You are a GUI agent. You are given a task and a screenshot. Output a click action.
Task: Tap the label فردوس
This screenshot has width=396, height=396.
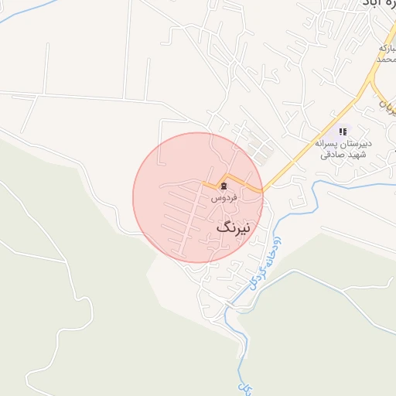click(x=224, y=198)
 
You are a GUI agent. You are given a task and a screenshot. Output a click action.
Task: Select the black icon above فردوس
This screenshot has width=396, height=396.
click(x=224, y=186)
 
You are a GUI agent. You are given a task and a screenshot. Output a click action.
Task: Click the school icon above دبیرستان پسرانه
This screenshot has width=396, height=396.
click(x=343, y=132)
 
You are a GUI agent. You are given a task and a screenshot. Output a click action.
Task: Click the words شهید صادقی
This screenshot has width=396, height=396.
click(x=341, y=154)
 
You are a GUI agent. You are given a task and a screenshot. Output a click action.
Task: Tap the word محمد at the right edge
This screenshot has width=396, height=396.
click(x=386, y=59)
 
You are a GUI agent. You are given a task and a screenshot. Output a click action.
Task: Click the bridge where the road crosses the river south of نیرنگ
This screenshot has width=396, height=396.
click(x=230, y=306)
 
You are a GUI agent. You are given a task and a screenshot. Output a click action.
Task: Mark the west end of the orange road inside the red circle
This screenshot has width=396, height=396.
click(x=204, y=183)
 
